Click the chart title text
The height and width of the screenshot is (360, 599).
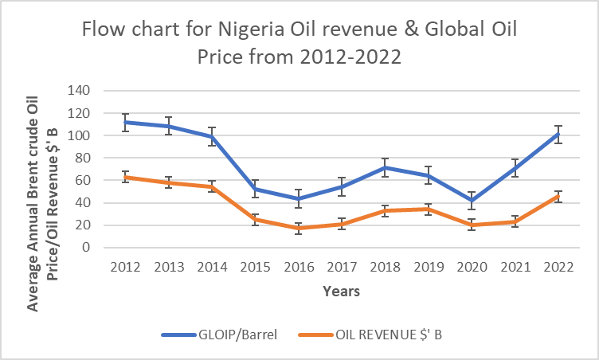[x=299, y=45]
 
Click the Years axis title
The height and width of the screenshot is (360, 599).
[x=340, y=292]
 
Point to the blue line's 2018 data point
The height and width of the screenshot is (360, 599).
[x=382, y=167]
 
